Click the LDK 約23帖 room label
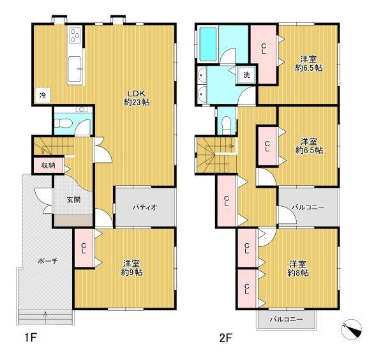pyautogui.click(x=137, y=98)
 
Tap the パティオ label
pyautogui.click(x=145, y=207)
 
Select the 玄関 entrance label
pyautogui.click(x=73, y=200)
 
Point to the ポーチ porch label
pyautogui.click(x=48, y=261)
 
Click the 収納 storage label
pyautogui.click(x=48, y=165)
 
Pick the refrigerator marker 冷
pyautogui.click(x=43, y=95)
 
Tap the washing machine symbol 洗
pyautogui.click(x=246, y=75)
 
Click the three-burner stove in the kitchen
pyautogui.click(x=75, y=36)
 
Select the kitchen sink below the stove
pyautogui.click(x=75, y=70)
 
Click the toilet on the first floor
pyautogui.click(x=63, y=123)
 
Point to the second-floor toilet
pyautogui.click(x=227, y=125)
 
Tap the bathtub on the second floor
pyautogui.click(x=208, y=44)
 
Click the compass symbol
pyautogui.click(x=351, y=329)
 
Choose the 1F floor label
pyautogui.click(x=30, y=338)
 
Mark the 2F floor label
pyautogui.click(x=225, y=338)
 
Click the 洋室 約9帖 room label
pyautogui.click(x=132, y=268)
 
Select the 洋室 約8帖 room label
pyautogui.click(x=297, y=269)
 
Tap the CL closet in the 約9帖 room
pyautogui.click(x=84, y=248)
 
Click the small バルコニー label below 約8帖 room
pyautogui.click(x=286, y=319)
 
